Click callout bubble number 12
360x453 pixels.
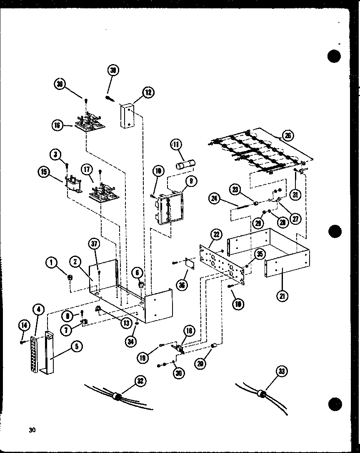pyautogui.click(x=148, y=93)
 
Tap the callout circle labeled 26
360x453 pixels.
pyautogui.click(x=287, y=135)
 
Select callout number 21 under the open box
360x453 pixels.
pyautogui.click(x=282, y=296)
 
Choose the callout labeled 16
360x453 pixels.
pyautogui.click(x=57, y=124)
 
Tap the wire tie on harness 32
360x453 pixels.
pyautogui.click(x=118, y=397)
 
